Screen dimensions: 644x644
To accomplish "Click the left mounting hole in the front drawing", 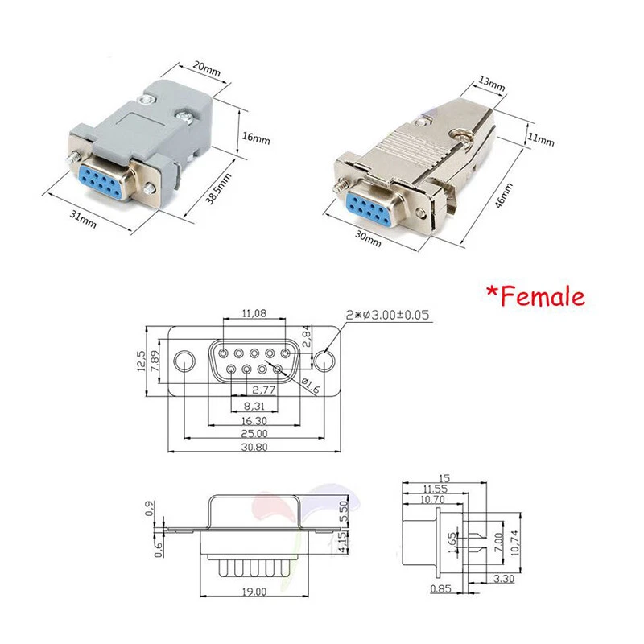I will (186, 360).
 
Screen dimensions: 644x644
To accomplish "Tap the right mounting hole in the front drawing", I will (324, 361).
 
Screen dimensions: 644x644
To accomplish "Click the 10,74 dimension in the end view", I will (514, 534).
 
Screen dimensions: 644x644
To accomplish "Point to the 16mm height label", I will (256, 138).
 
